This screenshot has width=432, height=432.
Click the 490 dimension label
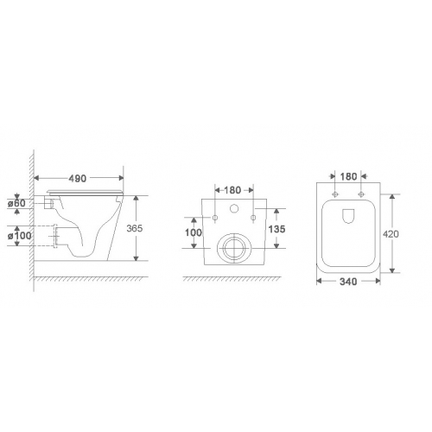[78, 178]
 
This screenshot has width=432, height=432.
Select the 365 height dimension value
[135, 228]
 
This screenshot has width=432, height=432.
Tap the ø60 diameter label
[16, 203]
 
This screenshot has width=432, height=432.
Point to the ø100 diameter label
[20, 236]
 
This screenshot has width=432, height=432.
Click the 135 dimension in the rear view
[276, 229]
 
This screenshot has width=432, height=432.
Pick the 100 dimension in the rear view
[194, 232]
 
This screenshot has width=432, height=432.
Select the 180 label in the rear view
[232, 190]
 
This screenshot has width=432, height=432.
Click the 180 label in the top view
[348, 176]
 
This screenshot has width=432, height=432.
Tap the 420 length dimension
[391, 234]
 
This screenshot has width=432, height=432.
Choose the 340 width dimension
[348, 282]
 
